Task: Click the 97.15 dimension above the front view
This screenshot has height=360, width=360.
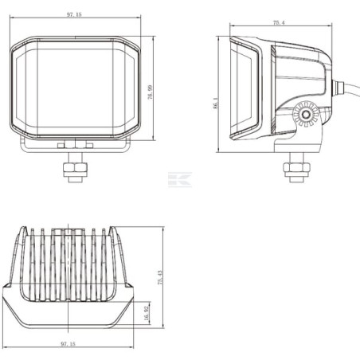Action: click(74, 14)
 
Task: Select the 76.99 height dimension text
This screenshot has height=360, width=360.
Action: click(151, 92)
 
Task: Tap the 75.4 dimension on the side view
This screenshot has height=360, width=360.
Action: click(279, 23)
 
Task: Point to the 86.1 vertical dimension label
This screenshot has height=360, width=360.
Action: click(215, 103)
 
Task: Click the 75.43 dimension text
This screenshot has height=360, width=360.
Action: click(160, 278)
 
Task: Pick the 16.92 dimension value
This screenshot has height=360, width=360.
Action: click(147, 313)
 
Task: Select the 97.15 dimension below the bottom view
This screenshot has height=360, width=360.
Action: click(68, 344)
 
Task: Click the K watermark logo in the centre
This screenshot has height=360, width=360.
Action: click(180, 179)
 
